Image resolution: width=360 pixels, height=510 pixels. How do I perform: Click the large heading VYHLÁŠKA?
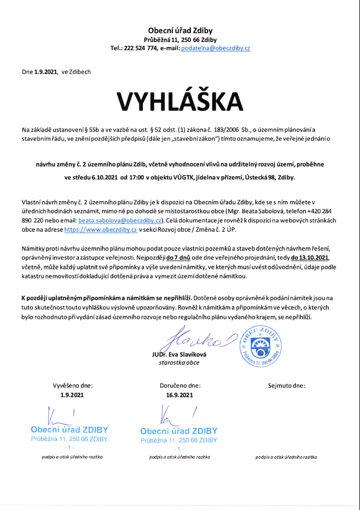click(x=180, y=101)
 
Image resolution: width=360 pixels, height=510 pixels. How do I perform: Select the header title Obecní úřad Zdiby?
click(x=180, y=30)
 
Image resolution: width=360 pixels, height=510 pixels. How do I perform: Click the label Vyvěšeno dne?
click(x=73, y=385)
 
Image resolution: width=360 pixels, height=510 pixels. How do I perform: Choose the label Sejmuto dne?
click(x=286, y=385)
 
